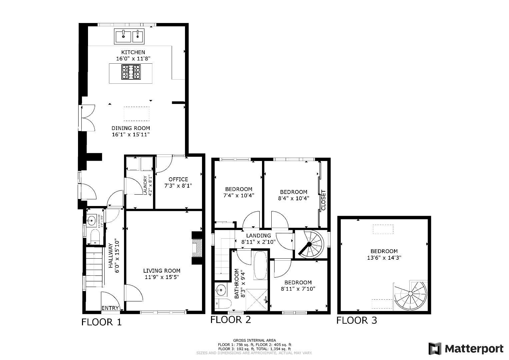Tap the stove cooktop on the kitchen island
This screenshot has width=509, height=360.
click(131, 72)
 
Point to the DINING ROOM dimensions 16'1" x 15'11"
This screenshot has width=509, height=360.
click(131, 135)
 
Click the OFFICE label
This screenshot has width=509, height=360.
click(178, 179)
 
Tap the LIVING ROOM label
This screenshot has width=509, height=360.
click(162, 271)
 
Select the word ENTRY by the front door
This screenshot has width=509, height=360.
click(110, 308)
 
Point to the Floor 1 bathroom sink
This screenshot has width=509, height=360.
click(92, 220)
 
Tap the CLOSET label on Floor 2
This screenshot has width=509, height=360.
click(323, 200)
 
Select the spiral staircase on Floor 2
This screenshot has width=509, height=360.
click(310, 244)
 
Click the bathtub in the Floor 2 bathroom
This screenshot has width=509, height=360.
click(260, 265)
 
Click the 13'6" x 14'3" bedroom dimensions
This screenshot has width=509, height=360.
click(384, 258)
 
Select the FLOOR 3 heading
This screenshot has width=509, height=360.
click(356, 320)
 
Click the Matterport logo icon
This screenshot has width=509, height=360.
click(435, 349)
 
